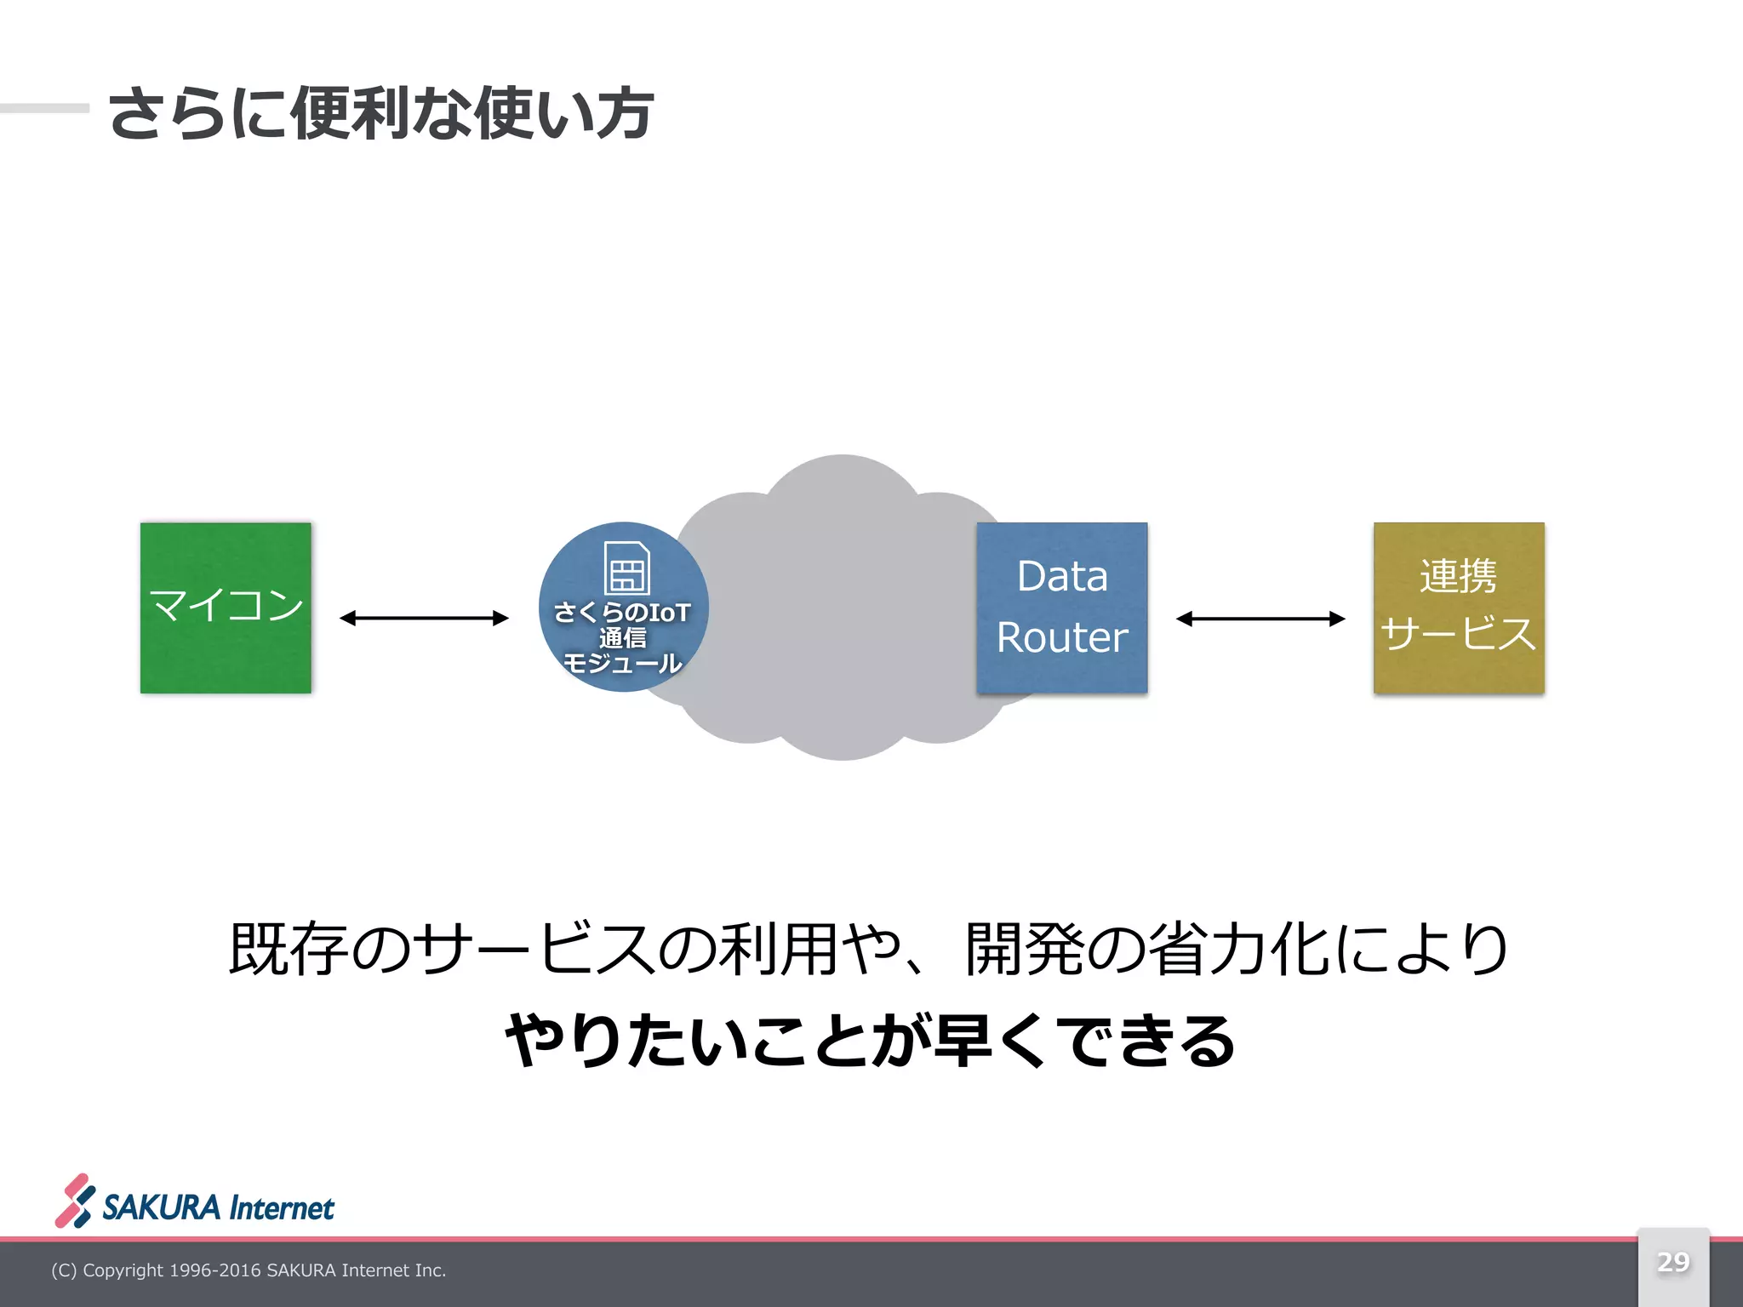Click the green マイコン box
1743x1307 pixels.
click(x=226, y=608)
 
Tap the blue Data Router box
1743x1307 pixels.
click(x=1062, y=608)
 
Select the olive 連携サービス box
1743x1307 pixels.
click(x=1459, y=608)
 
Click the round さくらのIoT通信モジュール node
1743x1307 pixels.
click(x=624, y=607)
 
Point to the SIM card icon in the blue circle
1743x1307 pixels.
click(x=626, y=568)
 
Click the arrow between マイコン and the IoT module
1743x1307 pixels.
click(x=424, y=618)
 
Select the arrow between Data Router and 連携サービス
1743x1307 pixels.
click(x=1260, y=619)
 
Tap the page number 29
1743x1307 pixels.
click(x=1673, y=1261)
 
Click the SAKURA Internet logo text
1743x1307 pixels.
click(x=219, y=1208)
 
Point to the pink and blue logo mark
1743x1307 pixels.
click(x=75, y=1201)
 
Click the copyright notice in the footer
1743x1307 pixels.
click(x=249, y=1270)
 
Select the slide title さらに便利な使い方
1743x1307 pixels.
click(x=381, y=113)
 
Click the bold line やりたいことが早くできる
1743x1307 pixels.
click(x=870, y=1041)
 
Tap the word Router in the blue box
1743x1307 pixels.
click(x=1062, y=637)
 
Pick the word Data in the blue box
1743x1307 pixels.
click(x=1062, y=576)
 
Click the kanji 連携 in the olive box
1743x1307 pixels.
click(x=1458, y=576)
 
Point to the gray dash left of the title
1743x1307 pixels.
click(x=44, y=108)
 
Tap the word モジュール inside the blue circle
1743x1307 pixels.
click(x=623, y=663)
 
